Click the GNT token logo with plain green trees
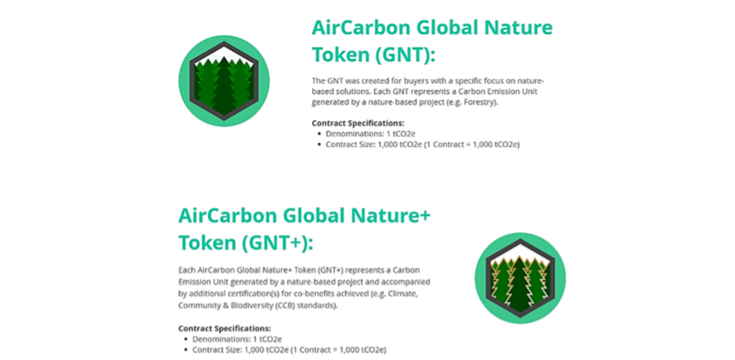224,81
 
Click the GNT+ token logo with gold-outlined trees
520,278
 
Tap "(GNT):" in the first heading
406,55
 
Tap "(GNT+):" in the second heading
278,243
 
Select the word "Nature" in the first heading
519,27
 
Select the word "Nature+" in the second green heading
390,216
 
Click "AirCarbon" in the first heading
361,27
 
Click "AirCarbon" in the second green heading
228,216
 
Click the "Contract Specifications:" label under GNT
358,123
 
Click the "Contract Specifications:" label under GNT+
225,328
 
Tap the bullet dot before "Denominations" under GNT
319,133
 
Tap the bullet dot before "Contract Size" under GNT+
186,350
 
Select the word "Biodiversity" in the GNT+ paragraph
252,305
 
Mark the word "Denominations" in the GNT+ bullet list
221,339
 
